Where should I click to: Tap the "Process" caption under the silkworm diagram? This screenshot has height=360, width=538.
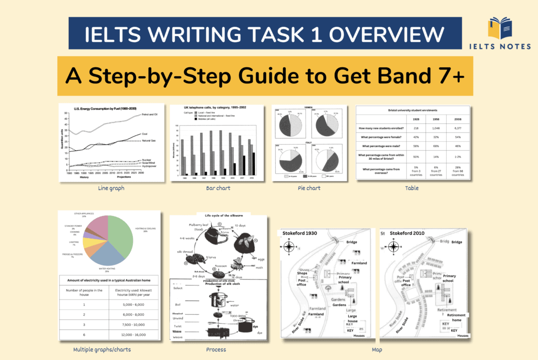[x=216, y=349]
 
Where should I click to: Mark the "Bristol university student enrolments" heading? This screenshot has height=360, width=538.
[x=412, y=111]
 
